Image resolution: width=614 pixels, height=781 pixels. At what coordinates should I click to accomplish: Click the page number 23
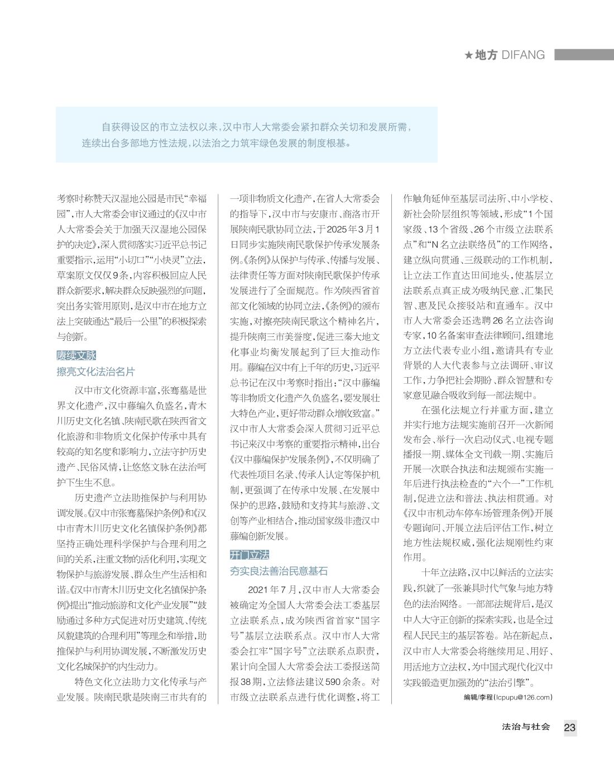point(569,727)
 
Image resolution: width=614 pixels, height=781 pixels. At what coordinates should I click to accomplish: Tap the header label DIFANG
point(523,55)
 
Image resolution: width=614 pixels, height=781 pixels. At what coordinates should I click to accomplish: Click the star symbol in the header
point(468,55)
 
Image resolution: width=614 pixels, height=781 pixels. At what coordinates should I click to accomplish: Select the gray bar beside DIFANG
point(583,55)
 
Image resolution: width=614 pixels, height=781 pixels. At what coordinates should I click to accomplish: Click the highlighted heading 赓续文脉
point(76,355)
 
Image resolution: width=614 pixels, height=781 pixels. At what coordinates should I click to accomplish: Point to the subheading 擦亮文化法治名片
point(95,372)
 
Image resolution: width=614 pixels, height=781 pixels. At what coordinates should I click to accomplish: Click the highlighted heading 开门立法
point(250,555)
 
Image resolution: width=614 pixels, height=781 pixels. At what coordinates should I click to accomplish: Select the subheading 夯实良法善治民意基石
point(279,571)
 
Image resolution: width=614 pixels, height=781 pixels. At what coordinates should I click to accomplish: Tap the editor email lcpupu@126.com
point(524,697)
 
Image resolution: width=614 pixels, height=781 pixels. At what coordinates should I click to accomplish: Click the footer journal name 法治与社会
point(526,727)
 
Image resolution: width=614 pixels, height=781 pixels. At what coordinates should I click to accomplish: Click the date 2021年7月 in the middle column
point(274,590)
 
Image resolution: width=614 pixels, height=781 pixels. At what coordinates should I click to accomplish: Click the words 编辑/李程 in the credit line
point(478,697)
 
